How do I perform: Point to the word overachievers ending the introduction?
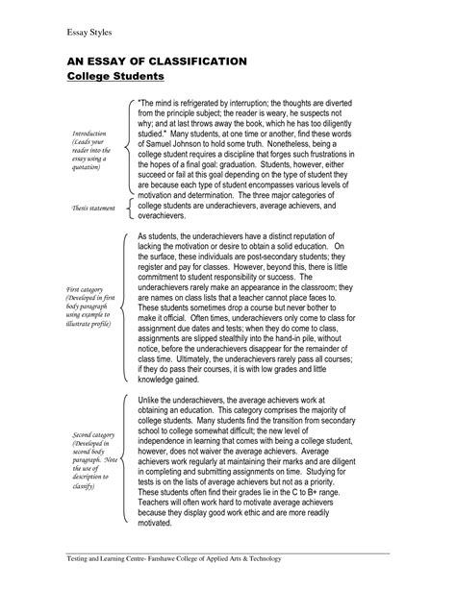click(x=169, y=216)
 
